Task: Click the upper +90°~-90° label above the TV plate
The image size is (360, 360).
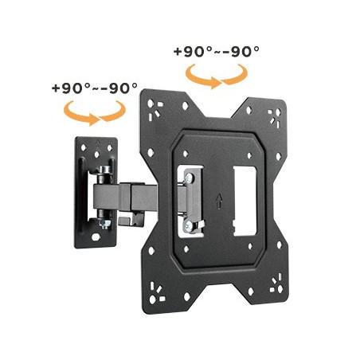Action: pos(217,51)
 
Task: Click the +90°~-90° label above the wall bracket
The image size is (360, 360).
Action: pos(95,88)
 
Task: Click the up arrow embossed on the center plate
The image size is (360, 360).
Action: pos(219,201)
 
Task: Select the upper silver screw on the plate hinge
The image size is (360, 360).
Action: pos(190,177)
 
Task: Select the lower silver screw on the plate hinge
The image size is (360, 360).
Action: pos(189,225)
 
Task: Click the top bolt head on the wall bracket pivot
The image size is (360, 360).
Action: pos(105,169)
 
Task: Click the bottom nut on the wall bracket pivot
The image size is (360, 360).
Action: pos(104,223)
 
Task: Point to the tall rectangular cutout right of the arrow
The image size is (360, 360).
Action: pos(245,201)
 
